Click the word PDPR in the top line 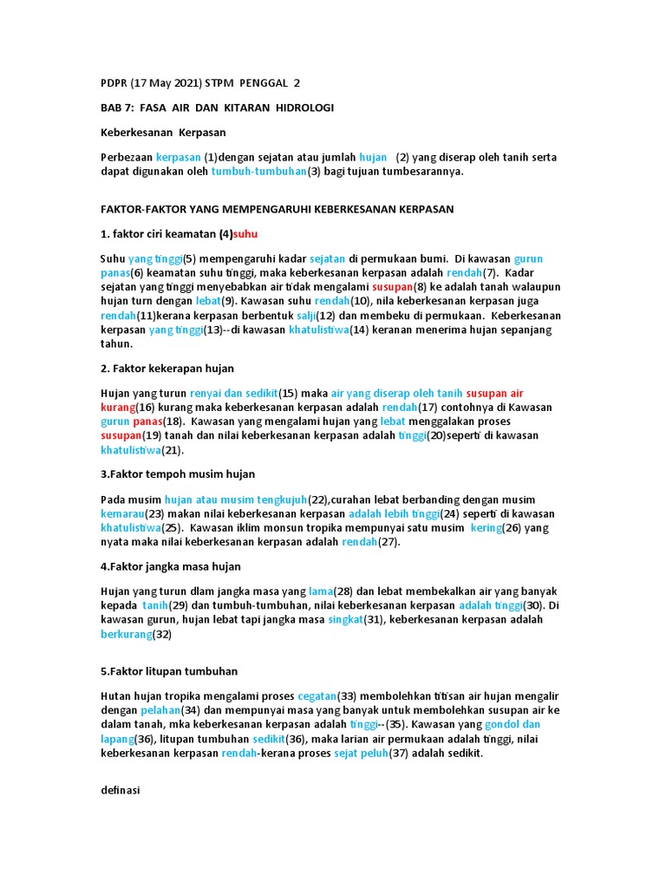point(113,83)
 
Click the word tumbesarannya point(421,172)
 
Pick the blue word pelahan point(159,709)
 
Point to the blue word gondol point(502,723)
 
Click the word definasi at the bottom point(121,790)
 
